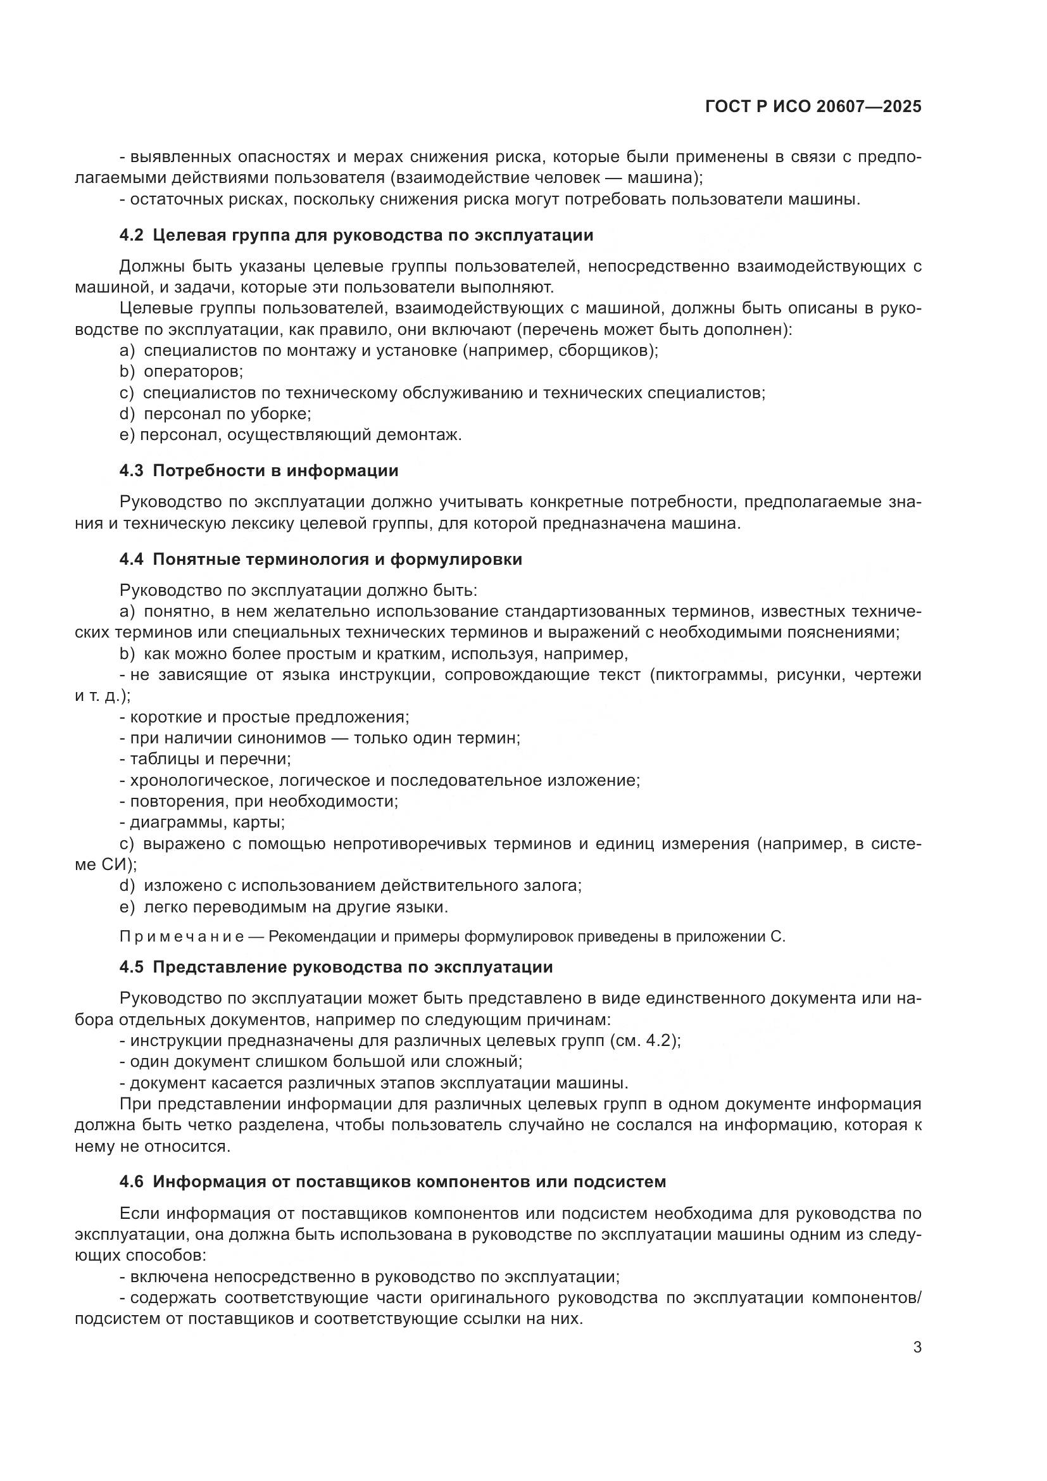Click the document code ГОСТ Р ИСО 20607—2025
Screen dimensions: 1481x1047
point(813,106)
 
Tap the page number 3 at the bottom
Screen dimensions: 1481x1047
point(917,1347)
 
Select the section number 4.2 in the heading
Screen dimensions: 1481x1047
point(131,235)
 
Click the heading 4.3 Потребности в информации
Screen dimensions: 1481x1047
point(258,470)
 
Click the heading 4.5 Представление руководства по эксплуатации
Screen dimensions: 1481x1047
point(336,967)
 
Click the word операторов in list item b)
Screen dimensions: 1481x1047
point(193,372)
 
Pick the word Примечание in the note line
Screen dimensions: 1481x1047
point(182,936)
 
